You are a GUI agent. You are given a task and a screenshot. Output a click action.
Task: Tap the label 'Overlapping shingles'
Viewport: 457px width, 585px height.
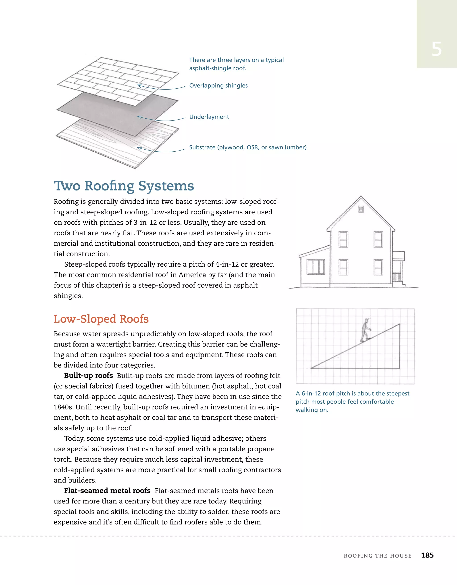[x=218, y=86]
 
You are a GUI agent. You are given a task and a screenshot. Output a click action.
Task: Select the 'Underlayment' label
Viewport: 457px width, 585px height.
[x=209, y=117]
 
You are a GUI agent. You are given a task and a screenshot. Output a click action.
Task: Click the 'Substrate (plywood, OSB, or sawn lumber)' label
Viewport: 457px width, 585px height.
[x=248, y=147]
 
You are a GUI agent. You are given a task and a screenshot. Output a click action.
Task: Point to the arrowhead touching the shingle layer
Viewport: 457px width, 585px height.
[x=139, y=86]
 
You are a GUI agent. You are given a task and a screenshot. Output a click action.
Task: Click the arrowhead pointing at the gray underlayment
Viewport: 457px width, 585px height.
[x=139, y=117]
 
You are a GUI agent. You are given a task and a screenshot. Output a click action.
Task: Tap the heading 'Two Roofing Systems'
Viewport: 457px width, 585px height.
[x=124, y=186]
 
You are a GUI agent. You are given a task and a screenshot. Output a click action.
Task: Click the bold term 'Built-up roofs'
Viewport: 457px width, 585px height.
[x=88, y=376]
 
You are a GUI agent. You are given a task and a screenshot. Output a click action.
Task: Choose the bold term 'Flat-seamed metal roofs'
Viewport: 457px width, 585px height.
[x=107, y=491]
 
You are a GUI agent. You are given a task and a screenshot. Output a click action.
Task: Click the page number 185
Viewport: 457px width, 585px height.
[x=427, y=555]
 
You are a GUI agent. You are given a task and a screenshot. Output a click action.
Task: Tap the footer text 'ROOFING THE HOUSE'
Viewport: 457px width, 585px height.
[x=378, y=556]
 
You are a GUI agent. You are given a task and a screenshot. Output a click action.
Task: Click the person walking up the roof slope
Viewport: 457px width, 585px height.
[x=365, y=330]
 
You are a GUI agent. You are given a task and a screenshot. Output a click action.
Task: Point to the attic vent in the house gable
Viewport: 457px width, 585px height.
[x=361, y=209]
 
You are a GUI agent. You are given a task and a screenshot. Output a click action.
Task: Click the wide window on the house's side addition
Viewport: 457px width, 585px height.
[x=316, y=267]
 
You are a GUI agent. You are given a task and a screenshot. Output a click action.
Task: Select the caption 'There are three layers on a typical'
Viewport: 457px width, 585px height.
[x=236, y=60]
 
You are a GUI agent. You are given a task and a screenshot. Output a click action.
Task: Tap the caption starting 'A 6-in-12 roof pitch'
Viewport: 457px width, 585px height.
[x=352, y=393]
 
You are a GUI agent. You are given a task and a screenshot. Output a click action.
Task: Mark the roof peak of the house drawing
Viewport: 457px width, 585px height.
[x=361, y=197]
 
